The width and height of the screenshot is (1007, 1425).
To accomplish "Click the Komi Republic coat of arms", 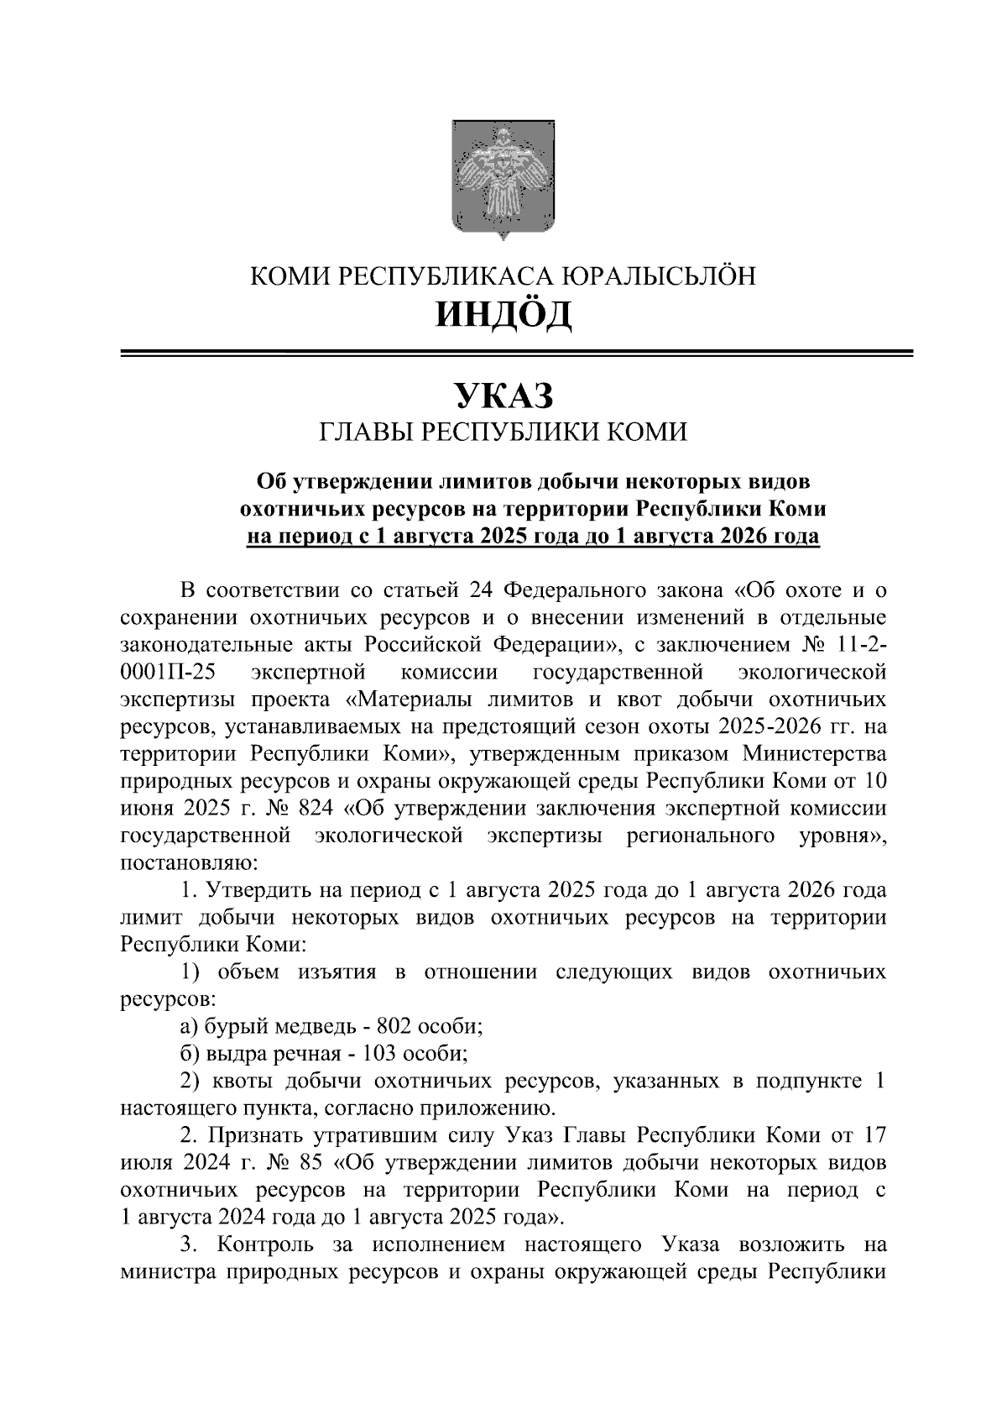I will click(x=502, y=180).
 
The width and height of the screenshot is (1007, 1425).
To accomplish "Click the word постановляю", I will click(x=190, y=863).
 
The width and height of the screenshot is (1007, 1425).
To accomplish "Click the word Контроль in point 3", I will click(x=265, y=1244).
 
